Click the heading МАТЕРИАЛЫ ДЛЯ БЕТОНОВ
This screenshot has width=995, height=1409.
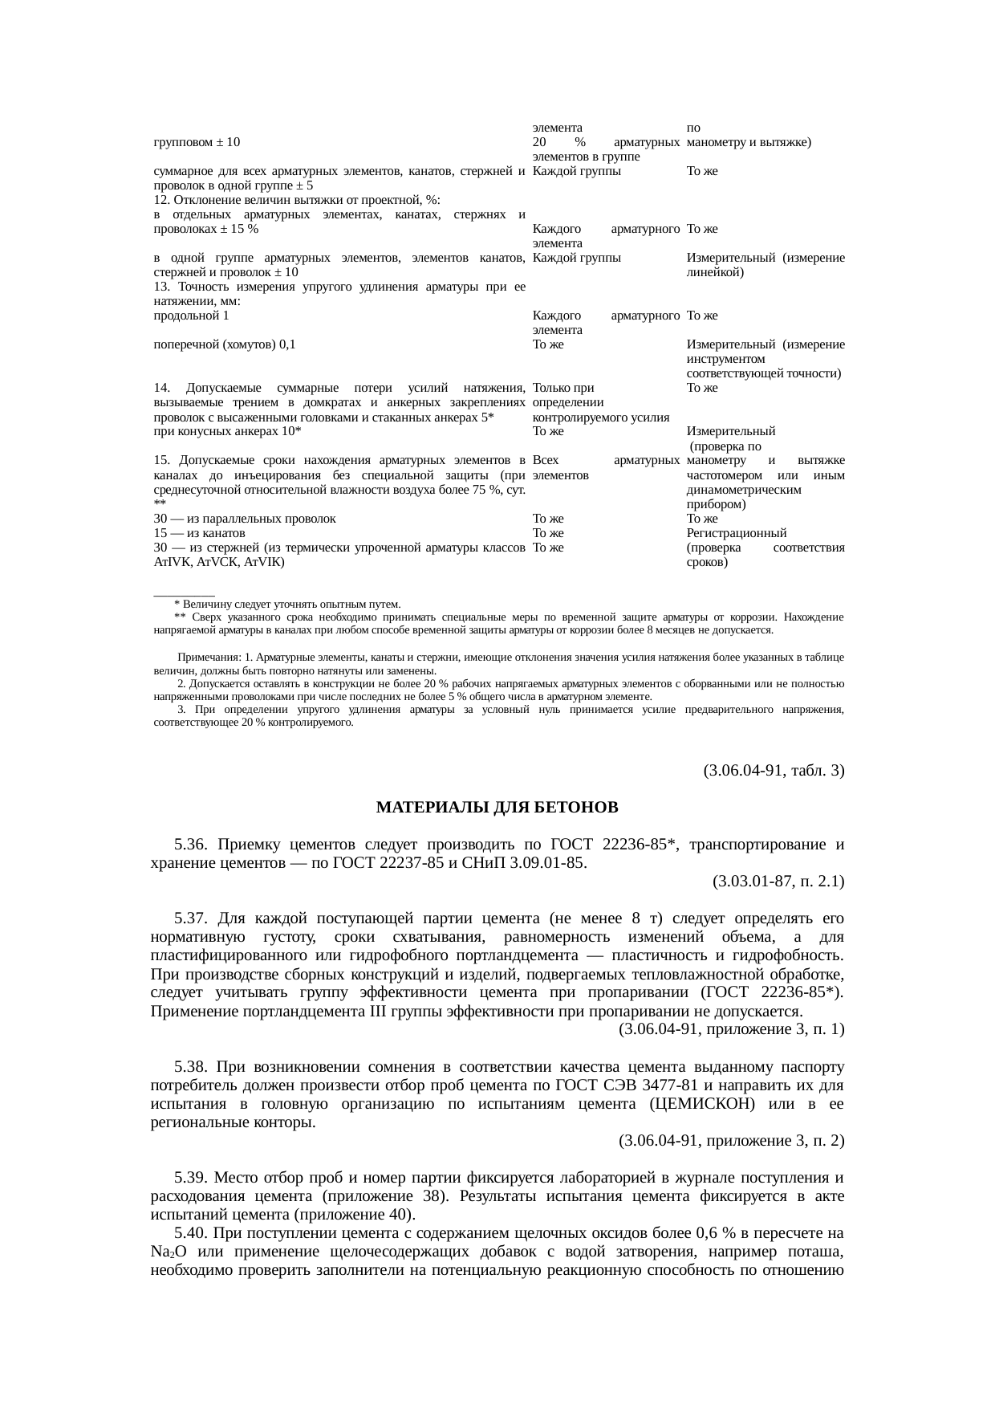pyautogui.click(x=497, y=806)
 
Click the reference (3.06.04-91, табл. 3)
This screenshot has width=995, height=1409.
pyautogui.click(x=774, y=771)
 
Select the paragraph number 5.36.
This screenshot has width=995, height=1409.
pyautogui.click(x=191, y=845)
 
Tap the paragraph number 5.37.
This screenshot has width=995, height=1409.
pyautogui.click(x=191, y=918)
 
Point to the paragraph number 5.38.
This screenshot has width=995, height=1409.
pyautogui.click(x=191, y=1067)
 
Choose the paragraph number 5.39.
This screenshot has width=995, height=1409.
pyautogui.click(x=191, y=1178)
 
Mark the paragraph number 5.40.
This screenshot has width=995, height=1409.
pyautogui.click(x=191, y=1232)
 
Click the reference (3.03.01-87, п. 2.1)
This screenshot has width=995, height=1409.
pyautogui.click(x=778, y=882)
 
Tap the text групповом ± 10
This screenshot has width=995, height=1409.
pyautogui.click(x=197, y=142)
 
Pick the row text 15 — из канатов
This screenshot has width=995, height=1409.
pyautogui.click(x=199, y=533)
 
